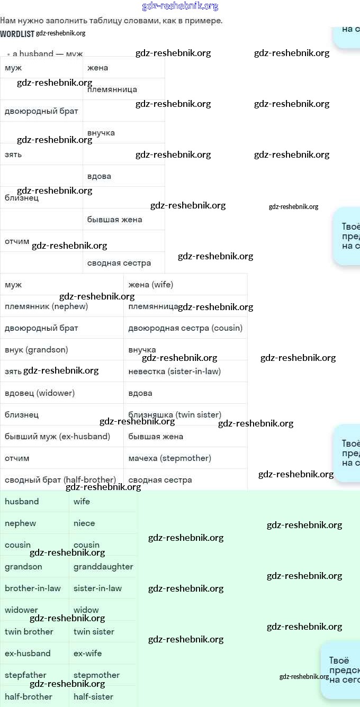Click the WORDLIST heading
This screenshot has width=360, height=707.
pyautogui.click(x=17, y=34)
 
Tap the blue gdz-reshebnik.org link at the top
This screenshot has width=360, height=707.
pyautogui.click(x=180, y=6)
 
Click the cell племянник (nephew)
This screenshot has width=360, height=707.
pyautogui.click(x=47, y=306)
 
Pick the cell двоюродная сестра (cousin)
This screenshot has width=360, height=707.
pyautogui.click(x=185, y=328)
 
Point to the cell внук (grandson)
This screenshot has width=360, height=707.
pyautogui.click(x=37, y=350)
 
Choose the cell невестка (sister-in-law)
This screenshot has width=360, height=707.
pyautogui.click(x=175, y=371)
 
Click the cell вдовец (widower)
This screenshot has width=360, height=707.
pyautogui.click(x=40, y=393)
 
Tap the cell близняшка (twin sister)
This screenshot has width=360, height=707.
pyautogui.click(x=175, y=415)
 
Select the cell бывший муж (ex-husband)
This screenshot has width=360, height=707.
pyautogui.click(x=57, y=437)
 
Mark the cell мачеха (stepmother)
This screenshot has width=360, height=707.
pyautogui.click(x=169, y=458)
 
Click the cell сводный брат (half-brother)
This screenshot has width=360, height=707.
pyautogui.click(x=60, y=480)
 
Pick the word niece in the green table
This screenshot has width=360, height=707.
pyautogui.click(x=84, y=523)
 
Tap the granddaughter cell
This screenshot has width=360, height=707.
pyautogui.click(x=103, y=567)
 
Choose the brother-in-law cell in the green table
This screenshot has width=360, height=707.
pyautogui.click(x=33, y=588)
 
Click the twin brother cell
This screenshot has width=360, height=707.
pyautogui.click(x=29, y=632)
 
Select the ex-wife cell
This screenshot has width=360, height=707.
pyautogui.click(x=88, y=654)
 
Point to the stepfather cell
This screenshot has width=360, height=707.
pyautogui.click(x=25, y=675)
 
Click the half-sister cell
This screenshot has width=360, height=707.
pyautogui.click(x=93, y=697)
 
